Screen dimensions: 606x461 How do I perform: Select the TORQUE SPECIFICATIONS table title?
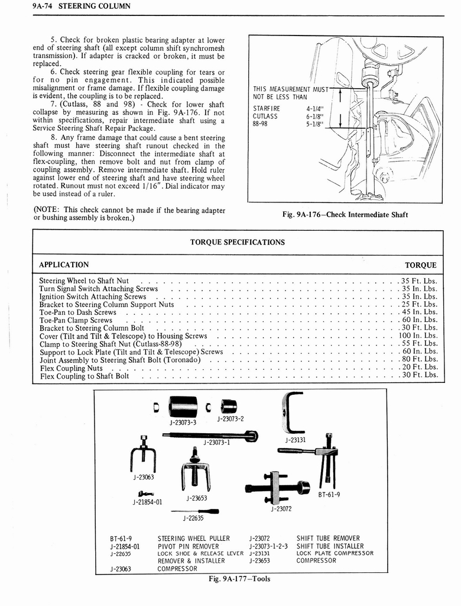point(237,242)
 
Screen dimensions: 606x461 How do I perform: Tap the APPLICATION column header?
point(64,265)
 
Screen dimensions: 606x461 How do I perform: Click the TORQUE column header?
point(420,265)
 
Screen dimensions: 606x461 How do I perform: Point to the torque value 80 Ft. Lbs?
point(420,359)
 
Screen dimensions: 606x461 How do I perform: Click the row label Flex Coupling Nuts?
point(71,368)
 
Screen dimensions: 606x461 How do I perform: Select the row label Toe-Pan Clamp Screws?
point(76,320)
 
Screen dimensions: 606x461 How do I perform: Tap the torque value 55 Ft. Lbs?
point(420,343)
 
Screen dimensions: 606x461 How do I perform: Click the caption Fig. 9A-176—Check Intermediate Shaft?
point(346,214)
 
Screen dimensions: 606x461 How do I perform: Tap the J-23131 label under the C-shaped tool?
point(295,440)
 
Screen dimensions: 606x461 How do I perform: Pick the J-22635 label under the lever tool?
point(194,518)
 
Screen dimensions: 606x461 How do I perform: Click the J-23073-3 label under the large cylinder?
point(183,423)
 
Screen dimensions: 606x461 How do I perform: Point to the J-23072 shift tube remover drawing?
point(277,486)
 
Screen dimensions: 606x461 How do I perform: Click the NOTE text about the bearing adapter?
point(129,213)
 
